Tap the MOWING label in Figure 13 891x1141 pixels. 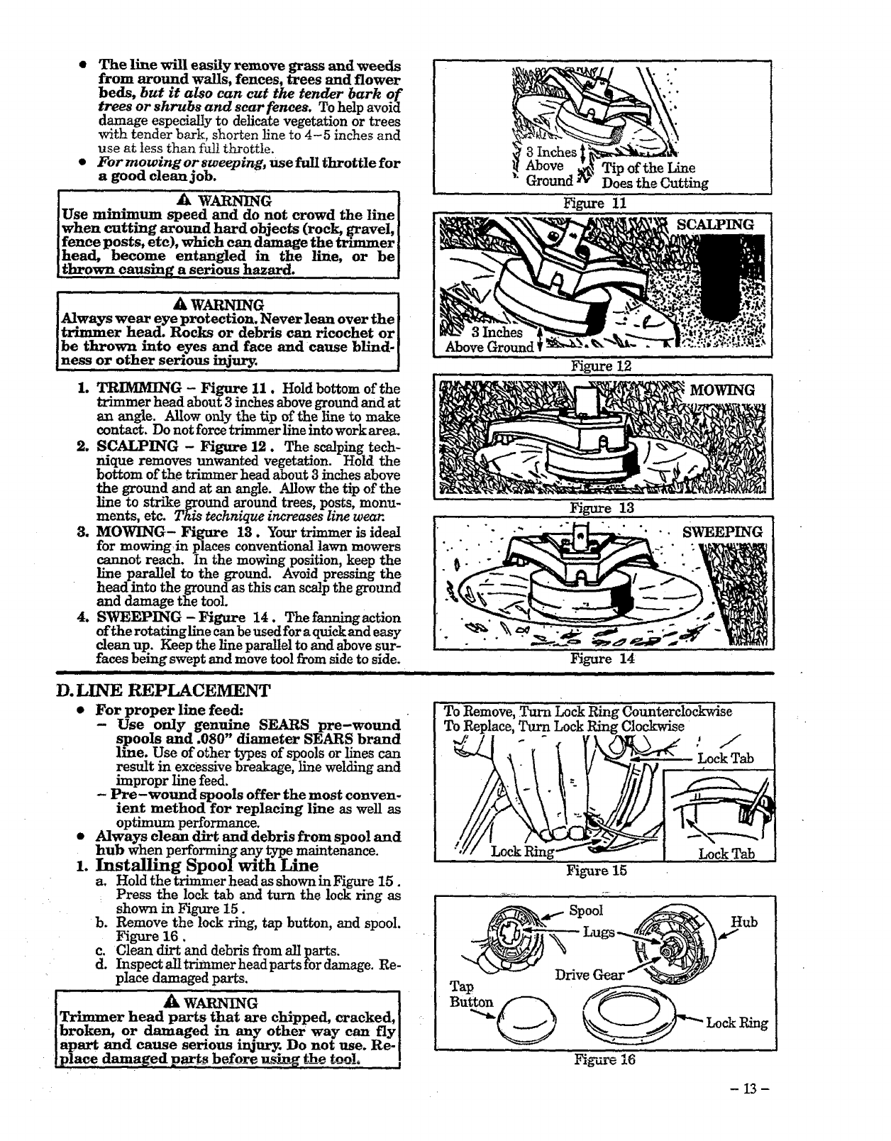tap(722, 390)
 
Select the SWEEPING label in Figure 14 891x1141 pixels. tap(722, 532)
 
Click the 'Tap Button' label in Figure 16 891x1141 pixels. tap(470, 994)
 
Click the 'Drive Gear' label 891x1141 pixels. tap(589, 975)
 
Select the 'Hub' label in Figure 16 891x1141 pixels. tap(744, 922)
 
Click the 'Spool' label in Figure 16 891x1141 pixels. tap(586, 910)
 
